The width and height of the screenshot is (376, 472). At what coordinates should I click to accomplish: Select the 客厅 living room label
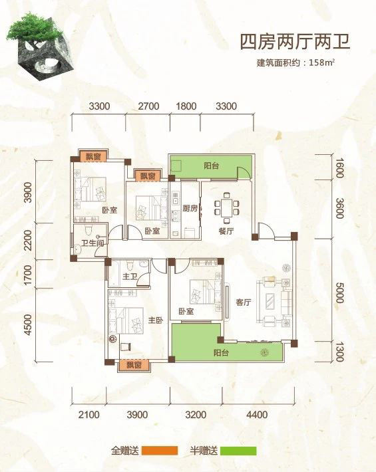click(243, 302)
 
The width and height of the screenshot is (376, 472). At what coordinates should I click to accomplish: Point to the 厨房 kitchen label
click(190, 208)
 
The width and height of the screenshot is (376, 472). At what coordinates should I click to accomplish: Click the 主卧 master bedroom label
click(156, 320)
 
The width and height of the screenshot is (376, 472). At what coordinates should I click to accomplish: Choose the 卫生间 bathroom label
click(91, 243)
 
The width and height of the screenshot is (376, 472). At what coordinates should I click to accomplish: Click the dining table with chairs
click(228, 207)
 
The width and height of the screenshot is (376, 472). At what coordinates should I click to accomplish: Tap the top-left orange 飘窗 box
click(93, 157)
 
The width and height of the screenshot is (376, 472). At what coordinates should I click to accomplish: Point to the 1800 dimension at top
click(186, 106)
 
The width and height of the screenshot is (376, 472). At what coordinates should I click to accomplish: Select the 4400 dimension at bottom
click(257, 415)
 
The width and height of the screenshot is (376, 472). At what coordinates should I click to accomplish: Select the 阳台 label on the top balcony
click(210, 166)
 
